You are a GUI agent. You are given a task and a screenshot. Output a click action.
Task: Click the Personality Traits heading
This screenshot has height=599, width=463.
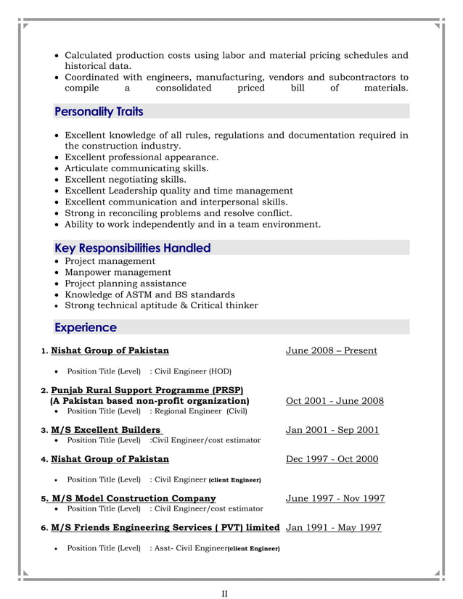point(99,112)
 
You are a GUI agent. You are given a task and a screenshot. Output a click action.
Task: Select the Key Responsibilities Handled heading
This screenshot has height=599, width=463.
point(132,248)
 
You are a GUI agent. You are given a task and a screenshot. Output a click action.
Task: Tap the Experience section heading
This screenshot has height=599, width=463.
point(86,328)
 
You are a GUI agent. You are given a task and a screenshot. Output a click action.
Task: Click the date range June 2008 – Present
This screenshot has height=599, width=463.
point(331,351)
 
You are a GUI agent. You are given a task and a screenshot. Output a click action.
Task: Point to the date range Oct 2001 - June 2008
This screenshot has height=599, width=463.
point(335,402)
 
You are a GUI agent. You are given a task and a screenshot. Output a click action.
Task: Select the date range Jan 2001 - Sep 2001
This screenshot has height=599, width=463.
point(332,430)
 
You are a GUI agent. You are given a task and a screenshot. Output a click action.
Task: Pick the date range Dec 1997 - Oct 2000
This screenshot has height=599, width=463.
point(332,459)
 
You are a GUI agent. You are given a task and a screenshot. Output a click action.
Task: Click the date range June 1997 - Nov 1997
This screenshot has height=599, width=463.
point(335,499)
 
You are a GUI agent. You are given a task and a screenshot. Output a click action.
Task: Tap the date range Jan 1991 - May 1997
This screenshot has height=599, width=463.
point(333,527)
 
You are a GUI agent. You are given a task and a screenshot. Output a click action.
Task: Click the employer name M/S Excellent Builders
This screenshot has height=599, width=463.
point(106,430)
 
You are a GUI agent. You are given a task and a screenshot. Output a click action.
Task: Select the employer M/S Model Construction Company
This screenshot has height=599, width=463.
point(134,498)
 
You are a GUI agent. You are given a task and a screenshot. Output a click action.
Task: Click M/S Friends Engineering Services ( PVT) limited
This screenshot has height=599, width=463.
point(165,527)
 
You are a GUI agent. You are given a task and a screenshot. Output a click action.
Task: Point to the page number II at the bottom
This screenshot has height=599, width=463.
point(225,595)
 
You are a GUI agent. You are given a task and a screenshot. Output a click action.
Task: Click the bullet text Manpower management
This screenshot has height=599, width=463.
point(118,273)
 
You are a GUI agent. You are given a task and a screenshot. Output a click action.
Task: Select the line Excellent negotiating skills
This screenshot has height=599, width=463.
point(126,180)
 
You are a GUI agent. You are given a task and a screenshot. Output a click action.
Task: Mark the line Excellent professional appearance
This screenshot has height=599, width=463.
point(142,157)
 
